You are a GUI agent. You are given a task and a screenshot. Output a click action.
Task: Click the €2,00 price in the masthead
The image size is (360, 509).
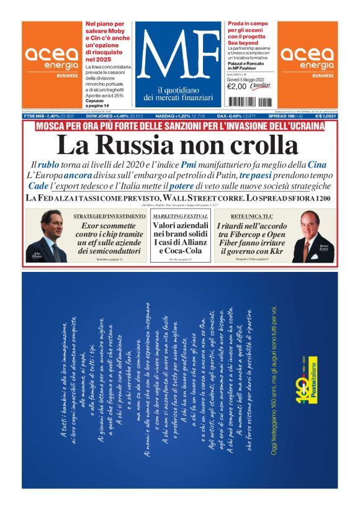(238, 86)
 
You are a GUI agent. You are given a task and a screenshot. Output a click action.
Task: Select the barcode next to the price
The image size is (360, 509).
(263, 86)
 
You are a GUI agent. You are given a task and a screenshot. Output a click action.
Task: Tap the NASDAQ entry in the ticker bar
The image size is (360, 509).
(160, 115)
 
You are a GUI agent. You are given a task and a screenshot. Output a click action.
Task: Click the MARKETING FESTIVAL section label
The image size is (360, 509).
(181, 215)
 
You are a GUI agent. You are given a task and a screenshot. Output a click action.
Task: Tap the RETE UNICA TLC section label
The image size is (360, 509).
(251, 215)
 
